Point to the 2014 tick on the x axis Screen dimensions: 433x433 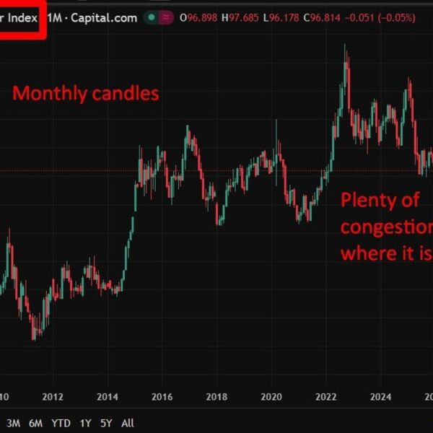coord(107,395)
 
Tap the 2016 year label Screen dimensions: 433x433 coord(162,395)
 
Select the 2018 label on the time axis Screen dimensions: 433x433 coord(216,395)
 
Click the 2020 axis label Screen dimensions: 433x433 coord(271,395)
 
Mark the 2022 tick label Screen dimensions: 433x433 coord(325,395)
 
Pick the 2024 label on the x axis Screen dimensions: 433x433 coord(380,395)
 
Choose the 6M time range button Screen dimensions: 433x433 coord(35,423)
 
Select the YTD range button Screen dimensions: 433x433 coord(61,423)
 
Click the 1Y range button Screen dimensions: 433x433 coord(85,423)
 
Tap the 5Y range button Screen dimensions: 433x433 coord(106,423)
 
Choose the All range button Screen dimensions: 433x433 coord(127,423)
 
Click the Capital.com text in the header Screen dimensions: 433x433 coord(105,18)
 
